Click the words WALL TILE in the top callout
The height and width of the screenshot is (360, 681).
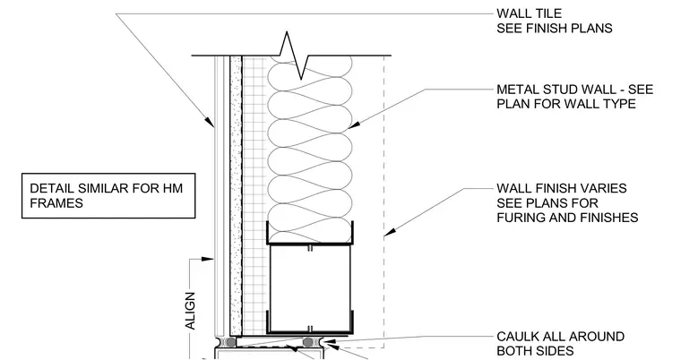pos(529,13)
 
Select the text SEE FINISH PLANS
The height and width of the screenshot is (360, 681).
pos(555,29)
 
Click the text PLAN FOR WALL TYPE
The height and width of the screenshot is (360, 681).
pos(566,104)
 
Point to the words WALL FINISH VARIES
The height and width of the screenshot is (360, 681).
pos(562,188)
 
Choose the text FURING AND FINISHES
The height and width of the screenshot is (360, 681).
pos(567,217)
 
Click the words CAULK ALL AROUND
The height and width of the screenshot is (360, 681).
pos(561,337)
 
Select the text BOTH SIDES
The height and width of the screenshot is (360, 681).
pos(535,351)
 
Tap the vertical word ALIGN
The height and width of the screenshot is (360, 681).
pos(190,311)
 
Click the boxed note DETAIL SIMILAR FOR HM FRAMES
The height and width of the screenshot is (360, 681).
pos(108,195)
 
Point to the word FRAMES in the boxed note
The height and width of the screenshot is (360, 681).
pos(56,202)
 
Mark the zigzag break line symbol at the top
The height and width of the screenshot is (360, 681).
pos(294,56)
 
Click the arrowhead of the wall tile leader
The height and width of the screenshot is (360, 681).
pos(210,122)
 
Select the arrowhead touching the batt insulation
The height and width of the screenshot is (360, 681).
pos(353,125)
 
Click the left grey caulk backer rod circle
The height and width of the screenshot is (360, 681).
pos(231,343)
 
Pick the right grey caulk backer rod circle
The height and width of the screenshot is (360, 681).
pos(308,343)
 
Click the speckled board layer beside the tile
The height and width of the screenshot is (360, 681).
pos(236,195)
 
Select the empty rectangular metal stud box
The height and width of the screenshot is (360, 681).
pos(310,288)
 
